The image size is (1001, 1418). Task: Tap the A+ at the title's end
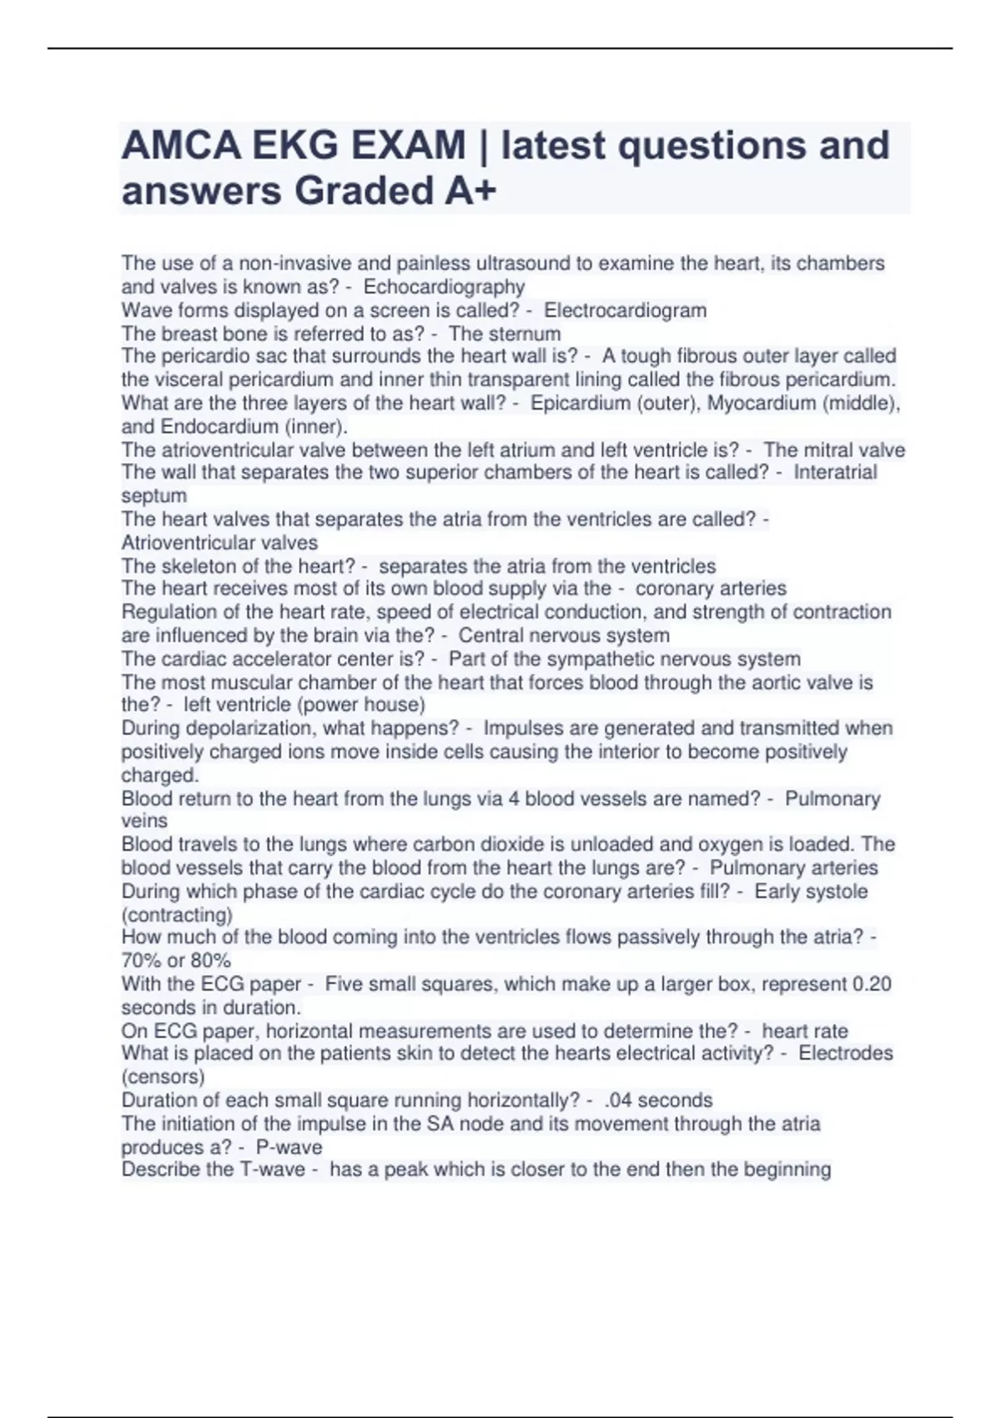pyautogui.click(x=470, y=191)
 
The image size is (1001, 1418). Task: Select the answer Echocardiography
pyautogui.click(x=444, y=287)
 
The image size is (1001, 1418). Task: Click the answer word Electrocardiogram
pyautogui.click(x=625, y=310)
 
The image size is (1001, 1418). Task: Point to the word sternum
pyautogui.click(x=524, y=334)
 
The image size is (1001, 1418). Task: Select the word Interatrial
pyautogui.click(x=835, y=473)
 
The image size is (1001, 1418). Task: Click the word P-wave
pyautogui.click(x=289, y=1147)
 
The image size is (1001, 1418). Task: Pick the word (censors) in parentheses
pyautogui.click(x=163, y=1077)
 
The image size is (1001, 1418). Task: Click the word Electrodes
pyautogui.click(x=845, y=1053)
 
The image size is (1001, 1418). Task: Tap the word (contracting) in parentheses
pyautogui.click(x=177, y=915)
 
